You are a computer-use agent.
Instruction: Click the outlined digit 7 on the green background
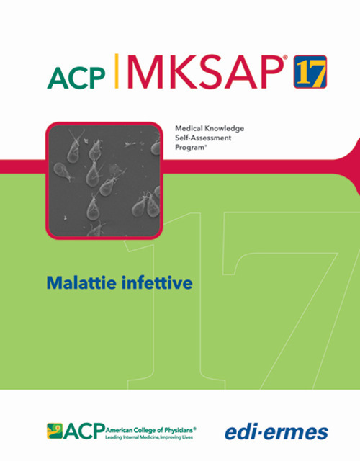click(295, 288)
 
